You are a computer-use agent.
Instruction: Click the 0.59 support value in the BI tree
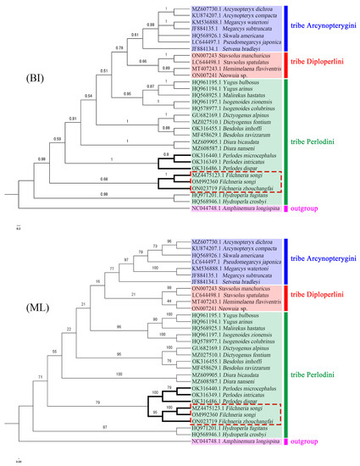[x=58, y=140]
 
